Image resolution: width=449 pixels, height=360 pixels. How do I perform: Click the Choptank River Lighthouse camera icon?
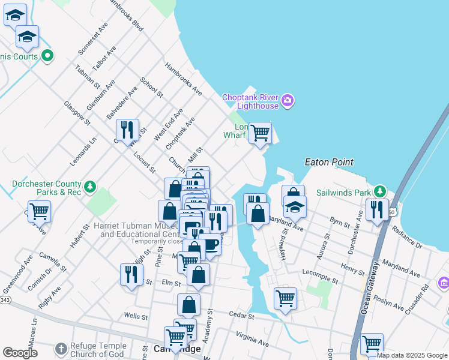coord(288,100)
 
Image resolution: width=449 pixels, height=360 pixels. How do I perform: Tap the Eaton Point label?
coord(328,162)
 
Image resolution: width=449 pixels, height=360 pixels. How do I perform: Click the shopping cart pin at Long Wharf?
coord(260,133)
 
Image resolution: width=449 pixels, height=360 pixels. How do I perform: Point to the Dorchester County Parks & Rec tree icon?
coord(90,187)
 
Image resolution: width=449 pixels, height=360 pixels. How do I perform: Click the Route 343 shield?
coord(4,299)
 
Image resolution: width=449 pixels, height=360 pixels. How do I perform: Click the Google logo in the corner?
coord(20,353)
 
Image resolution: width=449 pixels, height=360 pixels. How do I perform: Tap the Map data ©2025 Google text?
coord(412,355)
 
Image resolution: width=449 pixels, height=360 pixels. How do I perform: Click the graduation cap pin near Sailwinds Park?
coord(295,207)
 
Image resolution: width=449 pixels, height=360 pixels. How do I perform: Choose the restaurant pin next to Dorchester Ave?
coord(377,210)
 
